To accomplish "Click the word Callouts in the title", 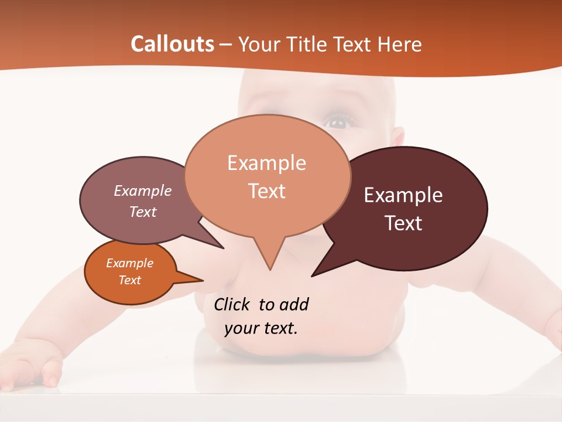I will point(172,44).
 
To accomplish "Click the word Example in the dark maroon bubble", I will point(403,195).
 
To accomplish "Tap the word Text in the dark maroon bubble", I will point(403,223).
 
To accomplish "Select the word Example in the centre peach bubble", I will point(267,163).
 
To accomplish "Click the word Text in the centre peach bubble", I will point(267,191).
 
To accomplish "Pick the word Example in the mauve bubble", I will point(143,190).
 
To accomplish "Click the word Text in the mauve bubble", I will point(143,212).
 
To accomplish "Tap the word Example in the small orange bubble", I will point(129,263).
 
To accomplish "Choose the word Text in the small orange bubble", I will point(129,280).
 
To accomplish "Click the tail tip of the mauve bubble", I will point(222,247).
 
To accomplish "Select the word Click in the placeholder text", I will point(232,304).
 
